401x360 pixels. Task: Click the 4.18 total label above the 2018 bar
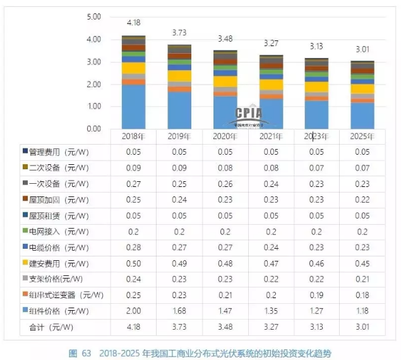tap(133, 23)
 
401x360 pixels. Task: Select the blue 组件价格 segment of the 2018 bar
tap(133, 106)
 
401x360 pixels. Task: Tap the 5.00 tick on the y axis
tap(93, 17)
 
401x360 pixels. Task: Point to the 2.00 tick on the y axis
tap(93, 84)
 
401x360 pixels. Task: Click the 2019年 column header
tap(180, 136)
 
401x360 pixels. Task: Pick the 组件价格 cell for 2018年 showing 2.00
tap(133, 310)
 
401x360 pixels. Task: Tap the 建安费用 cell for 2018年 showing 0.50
tap(133, 263)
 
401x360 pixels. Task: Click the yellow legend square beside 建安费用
tap(25, 263)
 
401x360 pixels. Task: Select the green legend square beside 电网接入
tap(25, 231)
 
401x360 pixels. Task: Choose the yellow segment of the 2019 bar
tap(180, 76)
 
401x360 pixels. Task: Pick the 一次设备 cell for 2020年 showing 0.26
tap(226, 183)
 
